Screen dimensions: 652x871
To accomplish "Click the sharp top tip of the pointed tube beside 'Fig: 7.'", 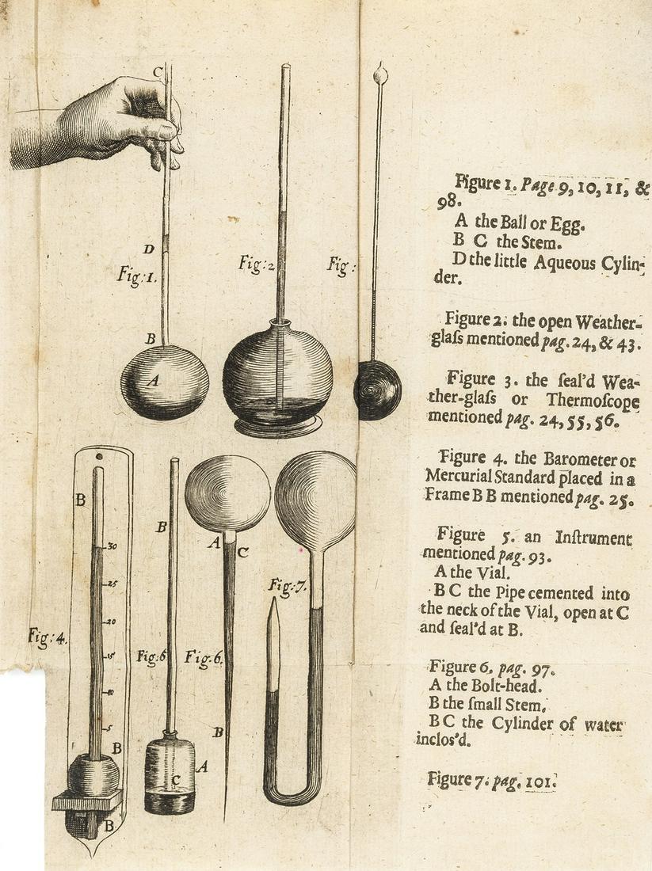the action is (x=273, y=599).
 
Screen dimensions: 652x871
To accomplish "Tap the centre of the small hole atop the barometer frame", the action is (x=99, y=457).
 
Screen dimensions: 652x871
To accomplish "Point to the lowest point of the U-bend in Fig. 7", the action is (x=292, y=804).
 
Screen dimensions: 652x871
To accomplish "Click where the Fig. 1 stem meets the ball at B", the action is (x=165, y=345).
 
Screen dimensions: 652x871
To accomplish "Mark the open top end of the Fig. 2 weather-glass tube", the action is (x=285, y=66).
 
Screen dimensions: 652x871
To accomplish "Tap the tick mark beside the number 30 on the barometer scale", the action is (x=104, y=547).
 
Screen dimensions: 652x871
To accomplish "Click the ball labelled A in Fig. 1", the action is (x=165, y=382).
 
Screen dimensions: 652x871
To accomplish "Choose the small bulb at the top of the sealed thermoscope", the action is (x=381, y=74).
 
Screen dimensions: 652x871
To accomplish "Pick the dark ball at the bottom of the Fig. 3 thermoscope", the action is (x=377, y=390).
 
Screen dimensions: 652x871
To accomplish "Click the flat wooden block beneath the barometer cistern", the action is (x=87, y=801).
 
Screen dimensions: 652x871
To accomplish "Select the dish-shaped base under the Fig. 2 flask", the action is (x=279, y=425).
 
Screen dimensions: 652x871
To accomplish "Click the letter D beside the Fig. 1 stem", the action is (x=148, y=249).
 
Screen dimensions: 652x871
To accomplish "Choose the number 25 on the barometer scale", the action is (x=112, y=584).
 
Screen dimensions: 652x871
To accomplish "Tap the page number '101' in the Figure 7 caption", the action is (x=539, y=782).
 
